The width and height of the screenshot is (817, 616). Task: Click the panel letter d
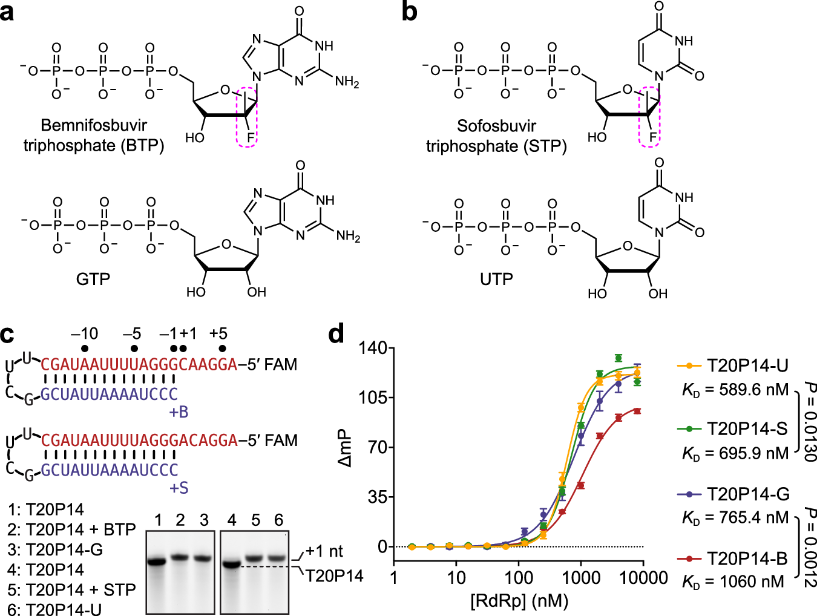pos(336,333)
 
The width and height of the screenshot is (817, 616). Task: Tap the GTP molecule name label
pos(93,280)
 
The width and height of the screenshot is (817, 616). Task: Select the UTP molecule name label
pos(496,280)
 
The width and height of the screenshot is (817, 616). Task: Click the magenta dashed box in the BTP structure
pos(246,116)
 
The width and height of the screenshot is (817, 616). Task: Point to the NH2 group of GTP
pos(348,237)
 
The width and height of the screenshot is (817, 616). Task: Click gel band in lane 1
pos(158,562)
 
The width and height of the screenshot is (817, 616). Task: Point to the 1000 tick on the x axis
pos(580,577)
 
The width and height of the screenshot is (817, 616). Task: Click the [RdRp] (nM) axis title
pos(519,601)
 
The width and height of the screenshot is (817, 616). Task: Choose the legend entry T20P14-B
pos(748,558)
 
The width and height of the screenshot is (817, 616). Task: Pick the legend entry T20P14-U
pos(748,365)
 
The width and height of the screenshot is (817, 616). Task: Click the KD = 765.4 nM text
pos(735,518)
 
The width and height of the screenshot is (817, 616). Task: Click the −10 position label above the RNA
pos(84,333)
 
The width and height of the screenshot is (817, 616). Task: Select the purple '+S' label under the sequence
pos(179,488)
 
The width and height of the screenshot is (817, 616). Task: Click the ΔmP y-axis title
pos(344,448)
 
